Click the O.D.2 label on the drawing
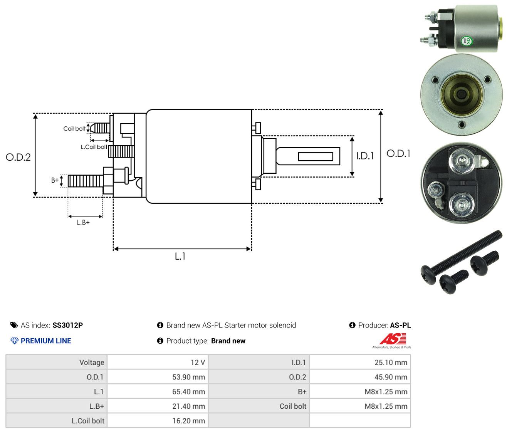18,157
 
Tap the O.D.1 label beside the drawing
398,154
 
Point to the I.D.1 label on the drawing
365,156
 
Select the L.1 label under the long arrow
180,256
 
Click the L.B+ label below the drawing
83,223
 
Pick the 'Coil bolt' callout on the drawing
74,129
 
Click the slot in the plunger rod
316,156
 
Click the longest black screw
461,257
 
